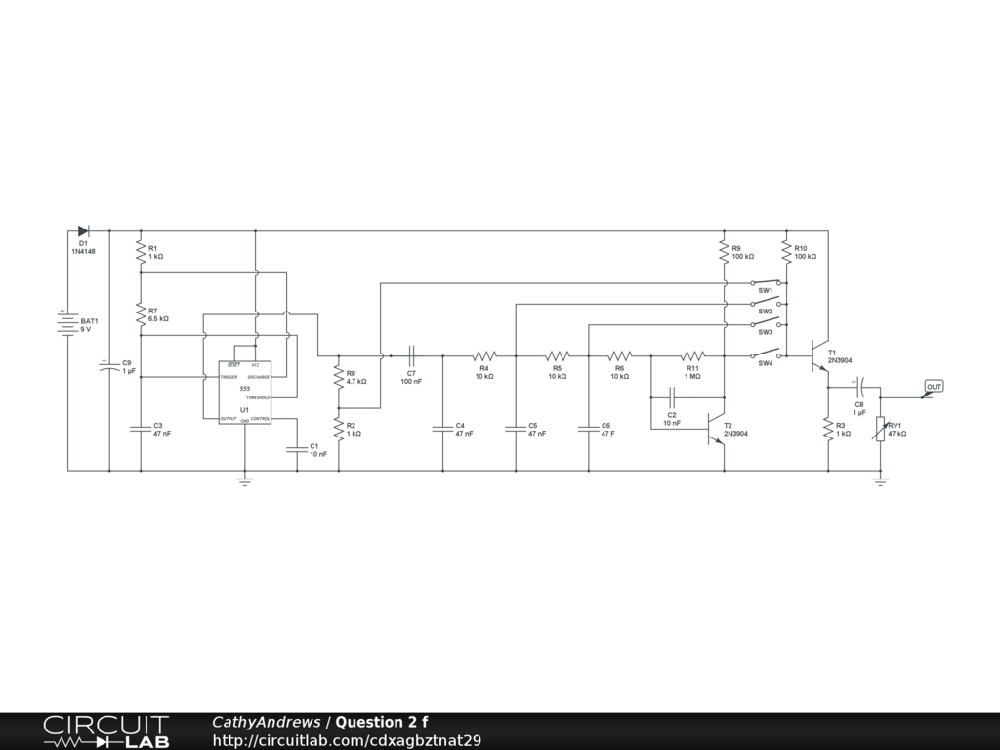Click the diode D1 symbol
click(x=83, y=231)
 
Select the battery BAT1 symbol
click(x=67, y=323)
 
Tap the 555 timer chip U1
click(x=244, y=393)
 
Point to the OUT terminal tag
click(x=934, y=388)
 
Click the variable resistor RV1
click(x=880, y=428)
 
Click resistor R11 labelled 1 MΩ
click(x=692, y=356)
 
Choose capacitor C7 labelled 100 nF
click(x=411, y=356)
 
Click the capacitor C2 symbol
click(x=672, y=397)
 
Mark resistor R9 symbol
click(x=724, y=252)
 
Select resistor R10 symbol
click(x=786, y=252)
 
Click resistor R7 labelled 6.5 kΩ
click(x=141, y=314)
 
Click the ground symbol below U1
click(x=245, y=479)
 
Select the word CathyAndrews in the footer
click(x=267, y=723)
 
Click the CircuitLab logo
click(x=105, y=731)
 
